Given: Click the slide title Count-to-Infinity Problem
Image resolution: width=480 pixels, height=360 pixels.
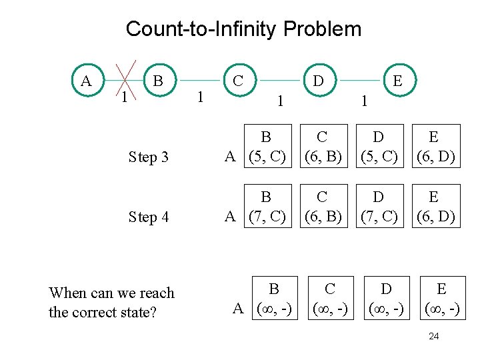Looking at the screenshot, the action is click(243, 29).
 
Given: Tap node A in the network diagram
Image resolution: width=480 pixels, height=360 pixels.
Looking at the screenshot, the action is click(86, 81).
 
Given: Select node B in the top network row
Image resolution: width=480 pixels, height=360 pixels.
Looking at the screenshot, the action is click(158, 81).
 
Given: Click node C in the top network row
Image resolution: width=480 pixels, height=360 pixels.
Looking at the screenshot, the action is click(237, 81).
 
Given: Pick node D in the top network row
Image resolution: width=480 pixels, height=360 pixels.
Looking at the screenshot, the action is click(319, 81).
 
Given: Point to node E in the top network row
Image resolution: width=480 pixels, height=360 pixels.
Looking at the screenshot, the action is click(397, 81).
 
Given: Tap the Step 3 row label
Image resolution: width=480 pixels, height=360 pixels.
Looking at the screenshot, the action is click(149, 157).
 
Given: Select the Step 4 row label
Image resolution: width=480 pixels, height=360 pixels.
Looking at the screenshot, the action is click(149, 217).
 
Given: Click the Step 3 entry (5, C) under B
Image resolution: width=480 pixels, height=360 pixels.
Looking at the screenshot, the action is click(266, 157).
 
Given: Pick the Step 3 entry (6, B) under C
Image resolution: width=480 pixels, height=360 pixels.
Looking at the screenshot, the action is click(323, 157).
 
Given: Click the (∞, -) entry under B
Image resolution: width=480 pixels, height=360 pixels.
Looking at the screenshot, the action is click(273, 309).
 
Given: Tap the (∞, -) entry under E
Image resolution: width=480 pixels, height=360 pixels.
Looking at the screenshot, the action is click(441, 309).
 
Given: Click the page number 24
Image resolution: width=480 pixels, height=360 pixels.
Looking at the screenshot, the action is click(433, 336).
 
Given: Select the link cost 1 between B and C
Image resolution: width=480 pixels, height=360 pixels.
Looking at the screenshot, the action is click(197, 97).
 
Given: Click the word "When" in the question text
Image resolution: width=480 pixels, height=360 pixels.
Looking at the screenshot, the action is click(67, 293).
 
